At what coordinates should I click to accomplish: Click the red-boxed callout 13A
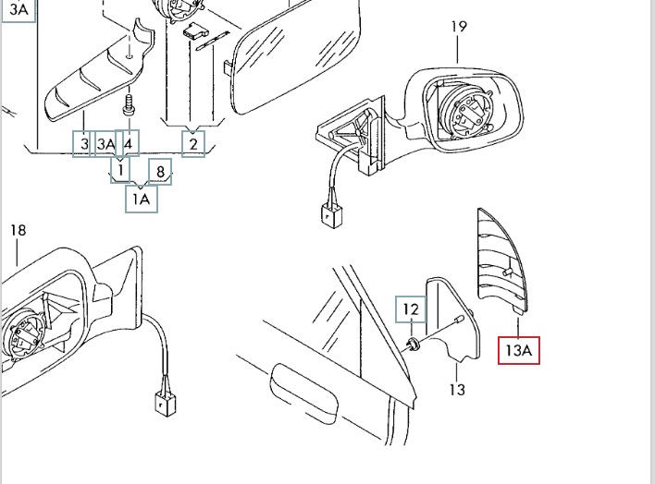pyautogui.click(x=518, y=350)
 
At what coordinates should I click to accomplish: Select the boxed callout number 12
pyautogui.click(x=411, y=309)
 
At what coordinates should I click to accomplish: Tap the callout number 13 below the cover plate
pyautogui.click(x=457, y=390)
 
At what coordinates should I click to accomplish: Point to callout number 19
pyautogui.click(x=459, y=27)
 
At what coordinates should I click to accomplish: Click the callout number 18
pyautogui.click(x=18, y=230)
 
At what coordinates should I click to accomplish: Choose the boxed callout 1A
pyautogui.click(x=142, y=199)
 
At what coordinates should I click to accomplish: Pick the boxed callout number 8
pyautogui.click(x=160, y=172)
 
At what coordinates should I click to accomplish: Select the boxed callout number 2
pyautogui.click(x=193, y=144)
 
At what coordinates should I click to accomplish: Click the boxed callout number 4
pyautogui.click(x=129, y=143)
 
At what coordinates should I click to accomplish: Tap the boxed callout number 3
pyautogui.click(x=83, y=144)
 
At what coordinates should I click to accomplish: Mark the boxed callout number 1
pyautogui.click(x=120, y=170)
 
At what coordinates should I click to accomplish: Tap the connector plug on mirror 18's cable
pyautogui.click(x=166, y=404)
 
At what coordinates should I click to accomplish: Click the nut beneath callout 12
pyautogui.click(x=413, y=345)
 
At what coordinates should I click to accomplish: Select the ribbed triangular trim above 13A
pyautogui.click(x=502, y=260)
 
